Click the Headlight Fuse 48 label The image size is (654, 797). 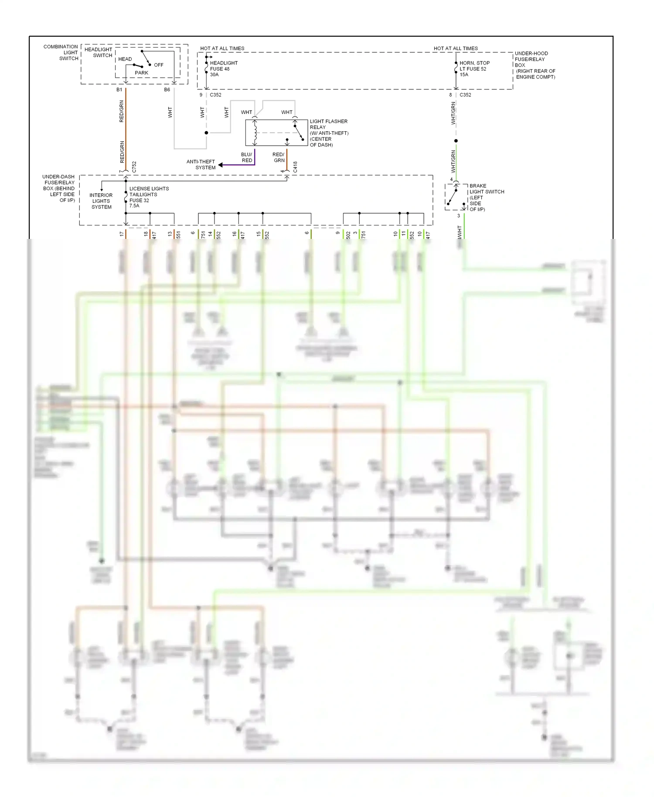pyautogui.click(x=223, y=69)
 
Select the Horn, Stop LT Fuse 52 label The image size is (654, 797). pyautogui.click(x=474, y=69)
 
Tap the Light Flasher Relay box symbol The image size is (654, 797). pyautogui.click(x=276, y=133)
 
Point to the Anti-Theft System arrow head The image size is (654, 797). pyautogui.click(x=221, y=165)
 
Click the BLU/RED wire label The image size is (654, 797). pyautogui.click(x=247, y=157)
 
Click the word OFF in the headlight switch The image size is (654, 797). pyautogui.click(x=159, y=65)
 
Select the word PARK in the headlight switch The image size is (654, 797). pyautogui.click(x=141, y=73)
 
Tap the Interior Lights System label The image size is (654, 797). pyautogui.click(x=101, y=201)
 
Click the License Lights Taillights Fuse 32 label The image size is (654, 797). pyautogui.click(x=148, y=197)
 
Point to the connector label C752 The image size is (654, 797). pyautogui.click(x=134, y=167)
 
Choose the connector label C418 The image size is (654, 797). pyautogui.click(x=295, y=167)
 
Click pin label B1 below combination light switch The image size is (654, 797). pyautogui.click(x=119, y=90)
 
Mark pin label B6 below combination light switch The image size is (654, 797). pyautogui.click(x=167, y=90)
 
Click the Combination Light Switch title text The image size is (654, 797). pyautogui.click(x=61, y=52)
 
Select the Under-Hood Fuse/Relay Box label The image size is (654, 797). pyautogui.click(x=535, y=65)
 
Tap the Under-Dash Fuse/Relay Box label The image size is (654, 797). pyautogui.click(x=59, y=188)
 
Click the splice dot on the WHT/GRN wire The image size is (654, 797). pyautogui.click(x=456, y=141)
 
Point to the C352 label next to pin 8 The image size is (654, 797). pyautogui.click(x=465, y=95)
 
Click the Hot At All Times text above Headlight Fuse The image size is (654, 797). pyautogui.click(x=222, y=48)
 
